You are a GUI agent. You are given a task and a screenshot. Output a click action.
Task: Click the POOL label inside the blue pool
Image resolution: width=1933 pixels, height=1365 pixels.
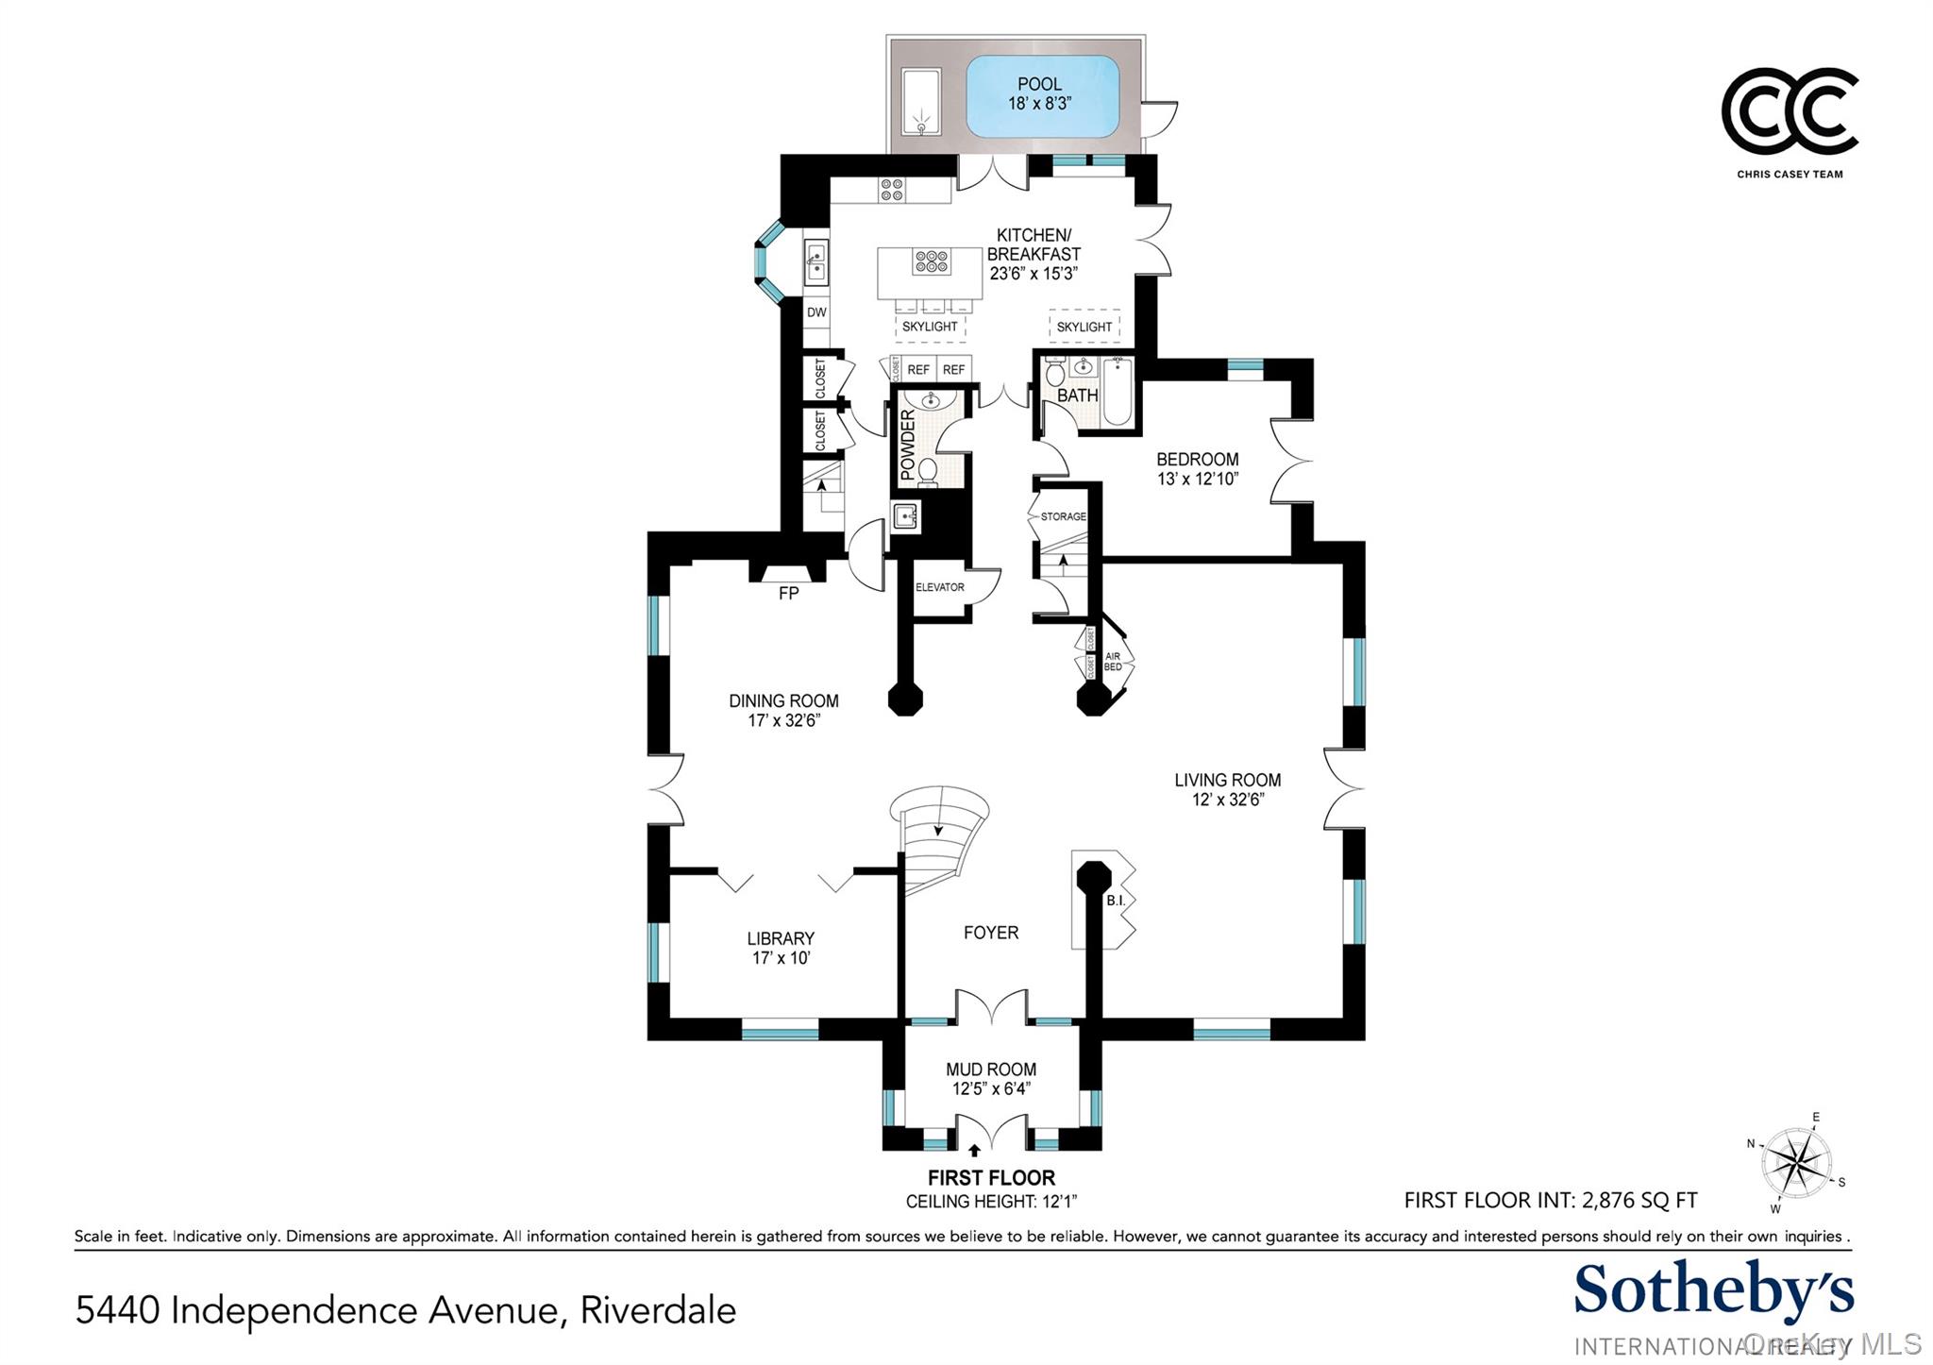1039,85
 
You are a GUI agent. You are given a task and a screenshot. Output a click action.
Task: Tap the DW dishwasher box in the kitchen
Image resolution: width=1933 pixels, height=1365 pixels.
816,312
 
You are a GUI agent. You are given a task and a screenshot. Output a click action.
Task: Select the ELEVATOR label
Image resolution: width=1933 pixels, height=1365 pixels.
939,587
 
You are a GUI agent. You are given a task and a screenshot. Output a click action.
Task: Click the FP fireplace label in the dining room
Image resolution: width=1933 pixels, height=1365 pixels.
788,593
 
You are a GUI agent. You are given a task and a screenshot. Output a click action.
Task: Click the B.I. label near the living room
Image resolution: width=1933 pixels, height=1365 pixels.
1116,901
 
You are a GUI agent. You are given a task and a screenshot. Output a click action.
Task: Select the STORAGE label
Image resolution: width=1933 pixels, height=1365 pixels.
1063,516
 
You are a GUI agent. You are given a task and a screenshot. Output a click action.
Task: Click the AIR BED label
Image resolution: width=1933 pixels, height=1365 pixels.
1113,662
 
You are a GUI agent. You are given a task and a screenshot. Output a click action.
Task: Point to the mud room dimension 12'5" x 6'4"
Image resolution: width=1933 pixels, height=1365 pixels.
991,1088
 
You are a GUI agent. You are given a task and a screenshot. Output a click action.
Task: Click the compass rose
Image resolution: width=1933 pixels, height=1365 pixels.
1797,1163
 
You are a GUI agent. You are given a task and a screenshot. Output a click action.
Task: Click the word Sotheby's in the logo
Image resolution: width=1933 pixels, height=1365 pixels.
1713,1290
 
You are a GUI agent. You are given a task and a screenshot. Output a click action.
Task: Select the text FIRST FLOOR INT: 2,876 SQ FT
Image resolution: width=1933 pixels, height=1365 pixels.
1550,1201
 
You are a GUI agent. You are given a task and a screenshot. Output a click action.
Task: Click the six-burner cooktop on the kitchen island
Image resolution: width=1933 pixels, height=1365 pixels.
931,261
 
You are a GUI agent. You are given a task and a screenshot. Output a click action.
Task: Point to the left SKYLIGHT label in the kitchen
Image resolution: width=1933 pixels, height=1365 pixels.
930,327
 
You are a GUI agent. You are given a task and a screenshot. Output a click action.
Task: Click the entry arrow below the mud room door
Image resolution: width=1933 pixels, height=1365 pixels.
975,1151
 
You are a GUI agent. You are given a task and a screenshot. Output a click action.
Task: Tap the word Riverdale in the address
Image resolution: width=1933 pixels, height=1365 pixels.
658,1310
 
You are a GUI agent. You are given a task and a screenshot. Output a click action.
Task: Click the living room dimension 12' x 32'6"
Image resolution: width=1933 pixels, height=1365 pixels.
1227,800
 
